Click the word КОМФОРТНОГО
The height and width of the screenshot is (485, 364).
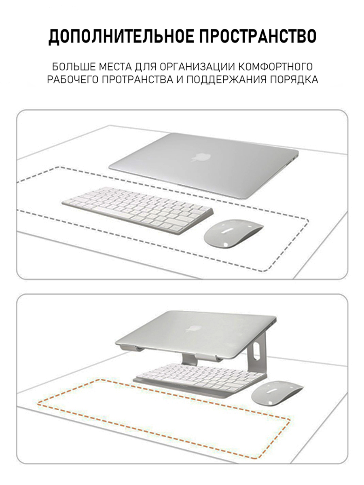point(276,67)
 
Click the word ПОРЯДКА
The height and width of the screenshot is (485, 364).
point(294,80)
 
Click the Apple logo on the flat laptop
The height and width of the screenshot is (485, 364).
point(201,157)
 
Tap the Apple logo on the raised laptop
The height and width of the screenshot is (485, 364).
point(194,329)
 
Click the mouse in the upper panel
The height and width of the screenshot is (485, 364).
point(233,234)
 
